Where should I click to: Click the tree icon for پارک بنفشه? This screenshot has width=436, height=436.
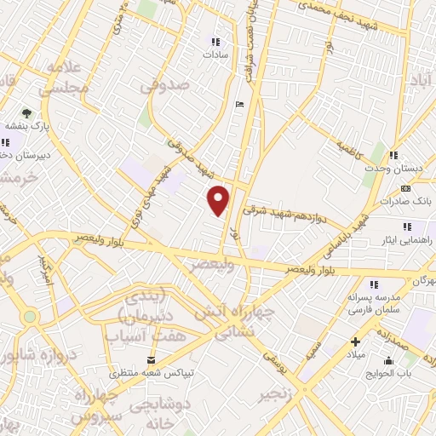[26, 112]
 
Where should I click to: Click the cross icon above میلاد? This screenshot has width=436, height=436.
[355, 341]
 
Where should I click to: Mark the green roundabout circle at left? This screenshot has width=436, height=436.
[31, 317]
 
